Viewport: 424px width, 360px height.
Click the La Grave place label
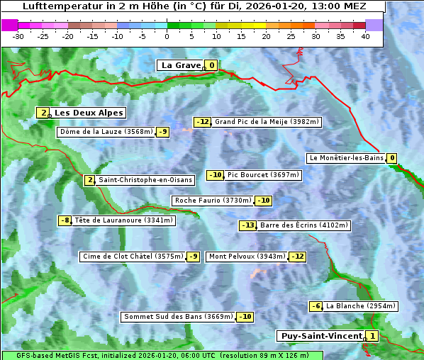181,65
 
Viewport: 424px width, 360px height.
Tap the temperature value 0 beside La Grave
211,65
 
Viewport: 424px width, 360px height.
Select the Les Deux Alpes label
89,113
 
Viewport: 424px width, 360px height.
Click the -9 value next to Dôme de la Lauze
163,132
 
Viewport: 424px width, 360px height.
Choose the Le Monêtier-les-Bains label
346,158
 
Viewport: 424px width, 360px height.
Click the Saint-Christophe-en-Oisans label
145,180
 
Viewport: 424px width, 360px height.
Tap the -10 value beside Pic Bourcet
215,175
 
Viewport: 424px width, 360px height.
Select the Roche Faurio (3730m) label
213,201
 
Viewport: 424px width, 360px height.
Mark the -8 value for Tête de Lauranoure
65,220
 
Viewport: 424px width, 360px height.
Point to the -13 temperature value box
247,225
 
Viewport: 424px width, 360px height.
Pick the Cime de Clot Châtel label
133,257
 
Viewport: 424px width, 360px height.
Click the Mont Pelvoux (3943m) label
247,257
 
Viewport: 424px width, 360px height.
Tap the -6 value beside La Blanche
316,306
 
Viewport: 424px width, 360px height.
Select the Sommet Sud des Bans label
178,317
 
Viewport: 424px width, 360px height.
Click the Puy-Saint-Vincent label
320,336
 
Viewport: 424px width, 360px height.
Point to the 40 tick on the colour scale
365,36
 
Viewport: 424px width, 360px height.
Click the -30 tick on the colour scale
18,36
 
